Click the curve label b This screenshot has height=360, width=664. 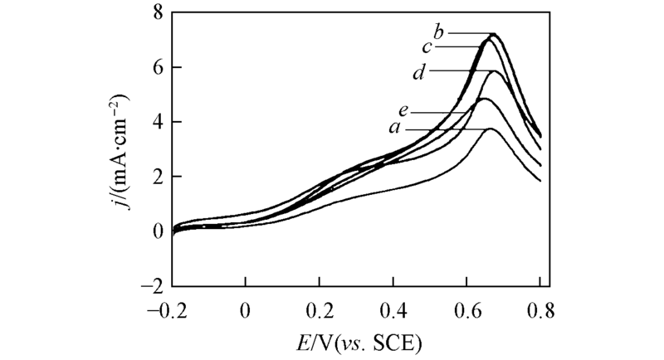440,32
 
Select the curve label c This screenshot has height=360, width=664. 425,47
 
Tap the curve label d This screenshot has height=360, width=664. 420,72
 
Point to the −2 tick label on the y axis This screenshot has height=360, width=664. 151,285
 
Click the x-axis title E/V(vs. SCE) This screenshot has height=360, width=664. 356,342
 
